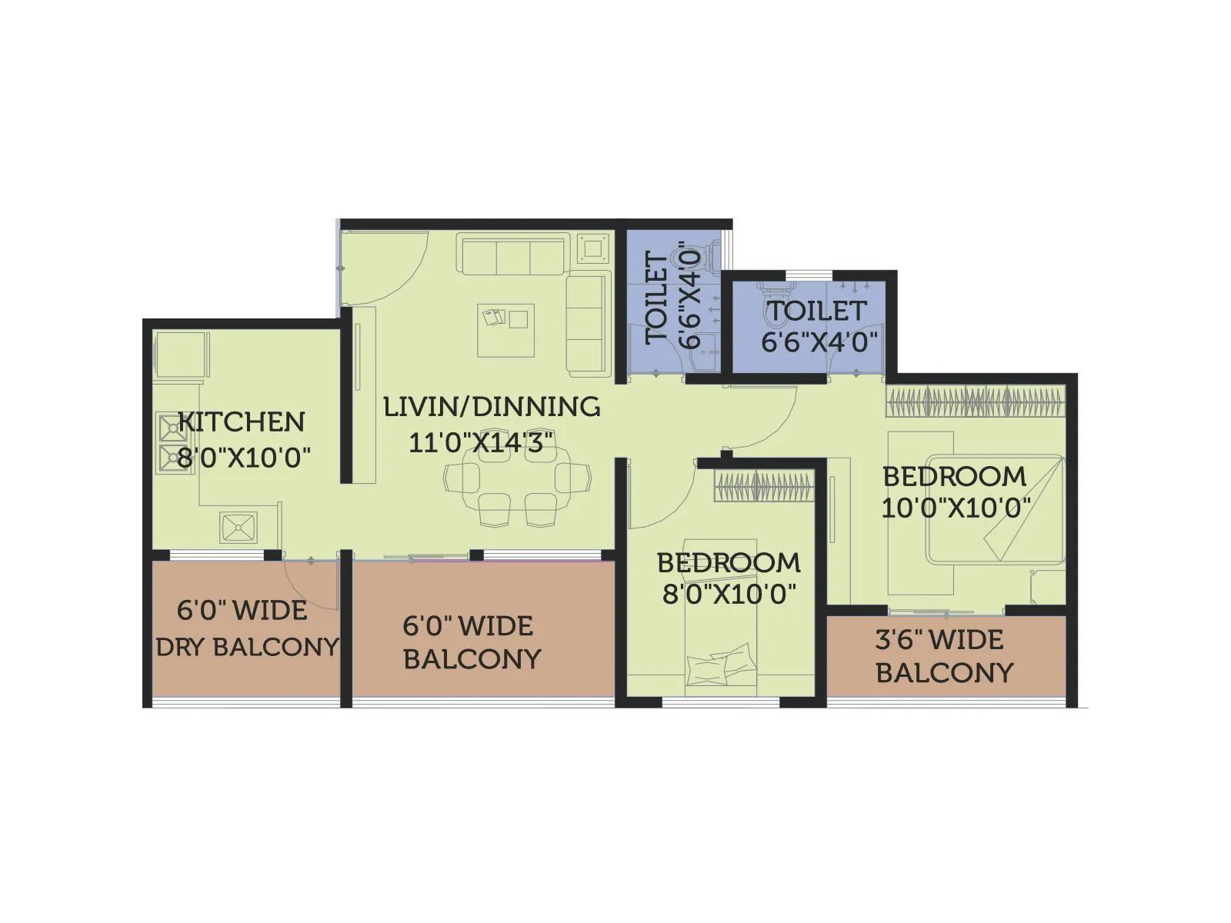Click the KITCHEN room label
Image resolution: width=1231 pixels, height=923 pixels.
click(x=242, y=422)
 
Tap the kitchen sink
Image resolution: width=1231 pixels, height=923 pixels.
click(x=239, y=528)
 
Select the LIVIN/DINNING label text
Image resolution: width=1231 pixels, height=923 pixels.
click(x=492, y=406)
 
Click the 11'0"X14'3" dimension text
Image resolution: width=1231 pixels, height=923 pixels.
click(x=482, y=443)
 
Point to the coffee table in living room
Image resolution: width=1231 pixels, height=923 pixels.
click(x=505, y=331)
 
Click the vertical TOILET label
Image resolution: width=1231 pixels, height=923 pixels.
click(x=658, y=298)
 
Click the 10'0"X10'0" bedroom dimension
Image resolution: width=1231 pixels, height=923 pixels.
click(x=956, y=508)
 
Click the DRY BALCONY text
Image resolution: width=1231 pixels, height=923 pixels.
click(x=247, y=647)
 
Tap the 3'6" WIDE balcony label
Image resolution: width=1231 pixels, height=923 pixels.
click(x=939, y=640)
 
